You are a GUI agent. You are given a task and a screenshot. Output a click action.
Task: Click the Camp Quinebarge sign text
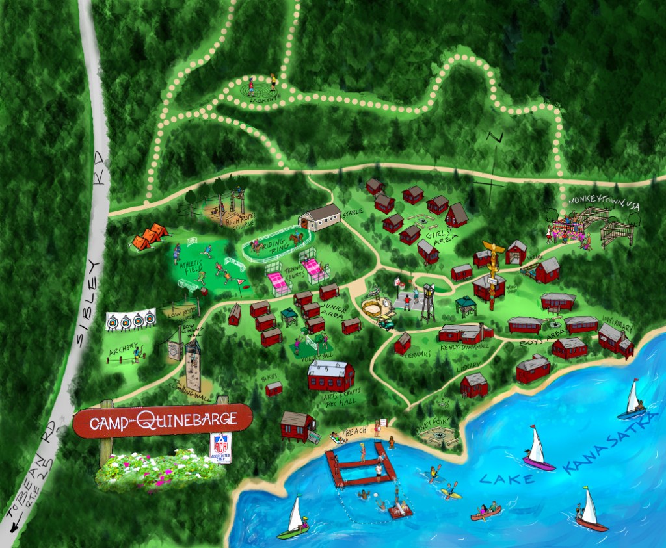[163, 421]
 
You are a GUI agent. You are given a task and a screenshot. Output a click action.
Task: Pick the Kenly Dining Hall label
[464, 349]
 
